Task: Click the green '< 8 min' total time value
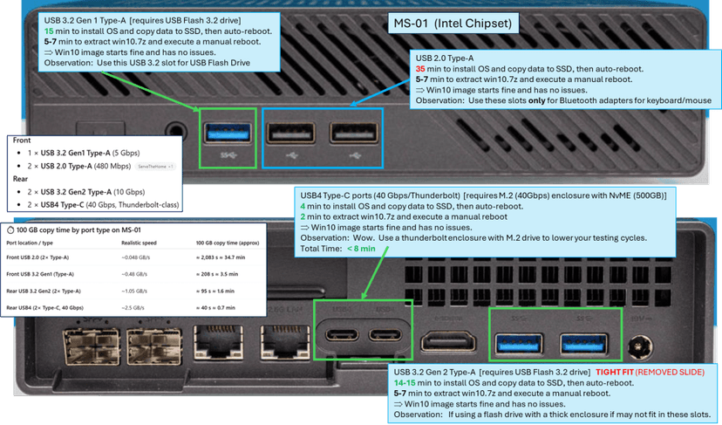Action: [361, 249]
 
